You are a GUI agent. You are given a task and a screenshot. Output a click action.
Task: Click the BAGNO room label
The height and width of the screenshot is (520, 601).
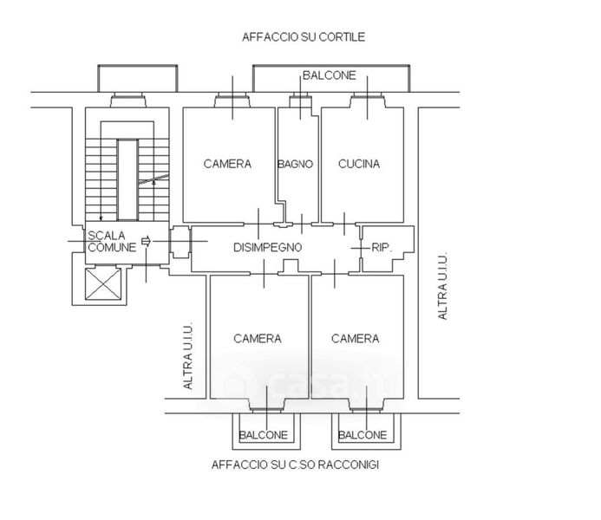[x=295, y=164]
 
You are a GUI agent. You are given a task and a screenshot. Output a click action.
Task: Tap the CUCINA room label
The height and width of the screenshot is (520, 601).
[x=359, y=164]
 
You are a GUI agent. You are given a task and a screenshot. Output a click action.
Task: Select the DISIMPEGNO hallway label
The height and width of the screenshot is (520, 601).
[x=267, y=247]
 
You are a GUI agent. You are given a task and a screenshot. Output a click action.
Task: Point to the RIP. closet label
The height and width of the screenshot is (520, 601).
[x=382, y=247]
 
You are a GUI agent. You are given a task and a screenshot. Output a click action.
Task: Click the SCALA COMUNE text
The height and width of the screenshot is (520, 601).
[x=112, y=241]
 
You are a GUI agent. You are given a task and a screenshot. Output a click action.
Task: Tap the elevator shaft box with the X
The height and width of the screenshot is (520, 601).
[x=103, y=283]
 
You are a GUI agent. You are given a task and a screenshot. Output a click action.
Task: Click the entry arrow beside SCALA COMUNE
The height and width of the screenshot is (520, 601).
[x=147, y=241]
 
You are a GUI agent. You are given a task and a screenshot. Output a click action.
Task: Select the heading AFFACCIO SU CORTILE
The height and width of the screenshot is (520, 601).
[x=304, y=37]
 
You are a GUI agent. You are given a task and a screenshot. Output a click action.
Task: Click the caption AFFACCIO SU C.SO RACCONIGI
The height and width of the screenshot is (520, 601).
[x=295, y=465]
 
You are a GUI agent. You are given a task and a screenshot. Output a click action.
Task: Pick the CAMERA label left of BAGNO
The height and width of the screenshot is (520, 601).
[x=227, y=164]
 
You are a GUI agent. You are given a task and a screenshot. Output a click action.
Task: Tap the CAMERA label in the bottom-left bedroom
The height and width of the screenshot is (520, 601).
[x=258, y=339]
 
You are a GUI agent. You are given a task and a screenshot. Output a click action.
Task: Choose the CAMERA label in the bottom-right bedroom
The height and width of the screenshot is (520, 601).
[x=355, y=339]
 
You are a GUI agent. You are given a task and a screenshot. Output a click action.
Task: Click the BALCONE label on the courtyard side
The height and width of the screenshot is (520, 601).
[x=330, y=75]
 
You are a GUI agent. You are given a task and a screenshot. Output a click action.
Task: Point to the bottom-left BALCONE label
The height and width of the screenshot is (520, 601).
[x=264, y=435]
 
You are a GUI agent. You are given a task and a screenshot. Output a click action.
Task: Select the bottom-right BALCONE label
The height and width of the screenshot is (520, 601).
[x=363, y=435]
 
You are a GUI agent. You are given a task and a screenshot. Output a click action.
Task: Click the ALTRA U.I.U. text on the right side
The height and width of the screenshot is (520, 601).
[x=442, y=286]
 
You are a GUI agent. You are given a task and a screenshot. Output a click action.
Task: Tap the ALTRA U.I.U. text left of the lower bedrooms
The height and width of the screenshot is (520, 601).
[x=187, y=356]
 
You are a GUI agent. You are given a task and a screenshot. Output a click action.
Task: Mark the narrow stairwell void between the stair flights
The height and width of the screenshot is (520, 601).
[x=127, y=180]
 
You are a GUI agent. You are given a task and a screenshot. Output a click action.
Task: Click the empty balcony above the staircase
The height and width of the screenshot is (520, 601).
[x=138, y=79]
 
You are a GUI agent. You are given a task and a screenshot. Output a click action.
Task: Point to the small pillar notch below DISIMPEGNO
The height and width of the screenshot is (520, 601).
[x=291, y=266]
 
